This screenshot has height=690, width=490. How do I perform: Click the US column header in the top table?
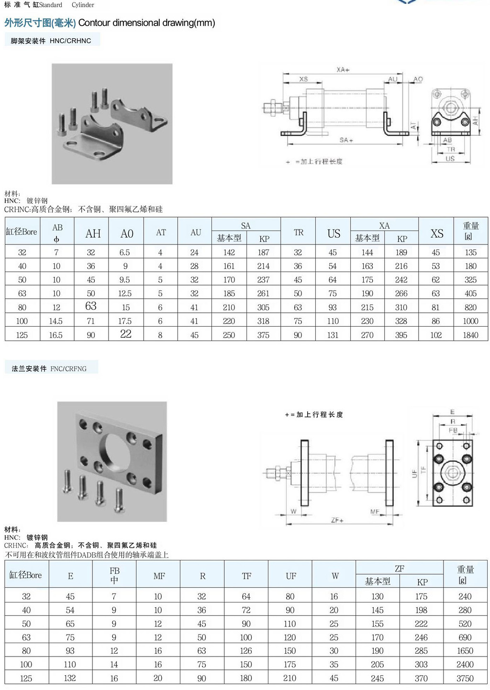click(334, 233)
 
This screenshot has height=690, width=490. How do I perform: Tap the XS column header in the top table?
click(436, 233)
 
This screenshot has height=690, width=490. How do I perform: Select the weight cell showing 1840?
click(470, 335)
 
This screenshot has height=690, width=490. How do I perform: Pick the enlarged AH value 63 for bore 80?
click(91, 306)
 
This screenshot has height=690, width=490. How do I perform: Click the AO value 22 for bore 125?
click(126, 334)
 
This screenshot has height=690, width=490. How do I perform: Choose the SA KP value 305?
click(263, 307)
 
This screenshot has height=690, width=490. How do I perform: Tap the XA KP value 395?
click(401, 335)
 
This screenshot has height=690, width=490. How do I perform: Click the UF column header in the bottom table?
click(290, 576)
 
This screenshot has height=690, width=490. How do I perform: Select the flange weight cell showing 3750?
click(465, 678)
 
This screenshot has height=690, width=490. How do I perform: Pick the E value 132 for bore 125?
click(70, 678)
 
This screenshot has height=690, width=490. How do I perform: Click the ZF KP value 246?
click(421, 637)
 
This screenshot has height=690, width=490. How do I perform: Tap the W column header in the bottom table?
click(335, 576)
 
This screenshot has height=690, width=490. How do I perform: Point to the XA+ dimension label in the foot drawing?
click(343, 70)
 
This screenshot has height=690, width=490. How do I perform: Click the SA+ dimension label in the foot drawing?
click(346, 140)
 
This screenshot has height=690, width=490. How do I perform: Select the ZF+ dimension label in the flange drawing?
click(337, 520)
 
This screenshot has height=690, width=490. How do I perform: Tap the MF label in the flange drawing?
click(375, 512)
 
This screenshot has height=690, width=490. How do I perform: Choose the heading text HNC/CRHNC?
click(70, 41)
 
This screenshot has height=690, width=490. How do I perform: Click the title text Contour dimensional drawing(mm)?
click(146, 23)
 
